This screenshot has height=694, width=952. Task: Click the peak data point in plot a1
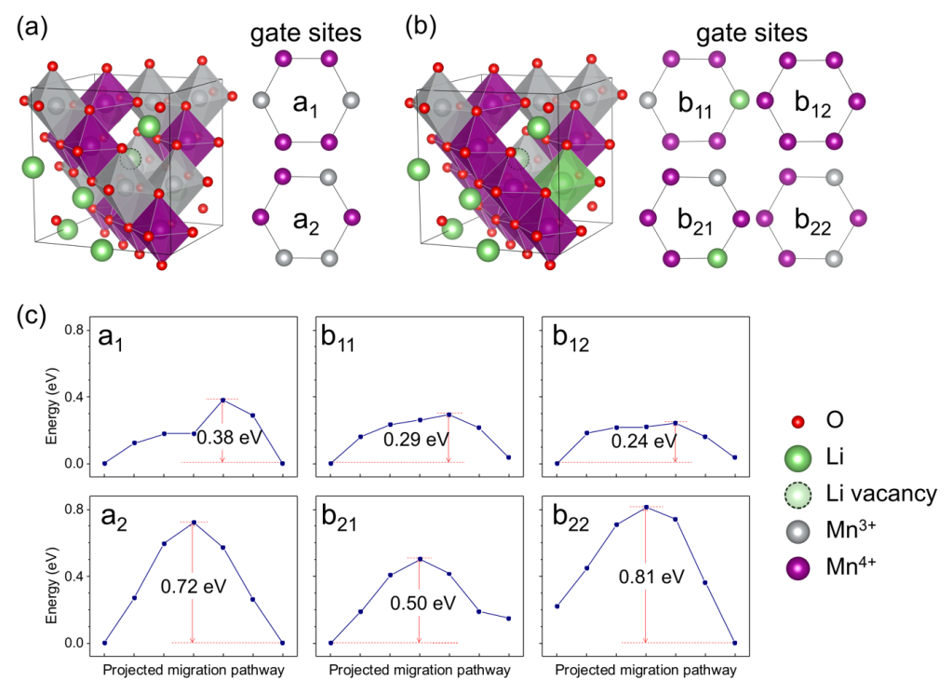[223, 400]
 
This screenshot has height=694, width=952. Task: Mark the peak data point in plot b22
[646, 507]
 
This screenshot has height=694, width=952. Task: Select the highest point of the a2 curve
[194, 523]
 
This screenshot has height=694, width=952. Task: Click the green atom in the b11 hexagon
[739, 99]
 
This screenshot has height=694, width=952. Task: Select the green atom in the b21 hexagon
[717, 257]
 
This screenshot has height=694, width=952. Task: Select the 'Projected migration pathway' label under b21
[420, 670]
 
